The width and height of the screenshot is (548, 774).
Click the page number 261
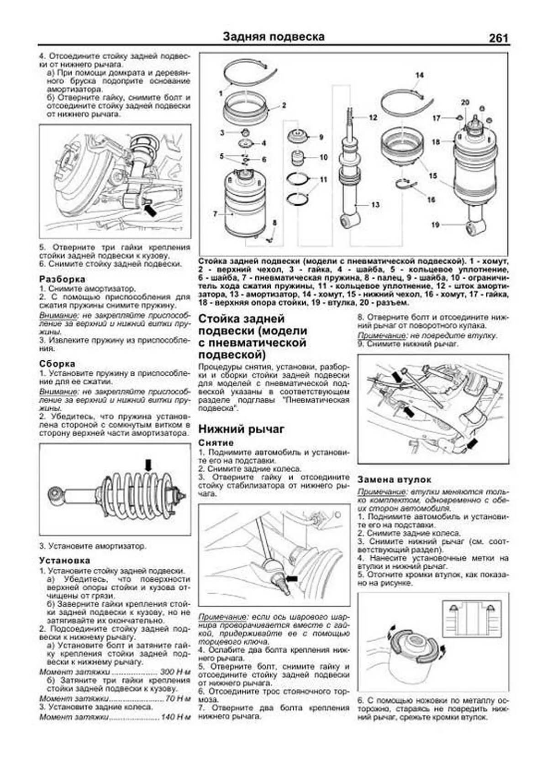point(498,38)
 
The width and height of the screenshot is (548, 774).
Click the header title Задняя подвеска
point(274,37)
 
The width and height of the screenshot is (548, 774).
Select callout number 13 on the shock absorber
point(375,205)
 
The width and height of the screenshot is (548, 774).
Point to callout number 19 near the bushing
point(435,224)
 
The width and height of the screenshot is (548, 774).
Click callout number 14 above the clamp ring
point(419,75)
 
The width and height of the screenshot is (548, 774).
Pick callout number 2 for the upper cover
point(284,105)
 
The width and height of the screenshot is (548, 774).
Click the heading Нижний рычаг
point(242,429)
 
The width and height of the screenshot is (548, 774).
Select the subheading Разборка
point(62,279)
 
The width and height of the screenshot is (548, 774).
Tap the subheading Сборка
point(57,364)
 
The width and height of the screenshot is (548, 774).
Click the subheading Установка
point(64,561)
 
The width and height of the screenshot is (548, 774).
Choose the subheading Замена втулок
point(394,480)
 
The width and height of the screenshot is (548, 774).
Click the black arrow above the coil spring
point(148,466)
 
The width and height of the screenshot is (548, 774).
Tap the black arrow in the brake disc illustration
point(150,210)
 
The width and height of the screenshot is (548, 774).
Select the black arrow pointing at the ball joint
point(291,579)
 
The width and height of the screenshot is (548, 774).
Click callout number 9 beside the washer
point(321,137)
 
